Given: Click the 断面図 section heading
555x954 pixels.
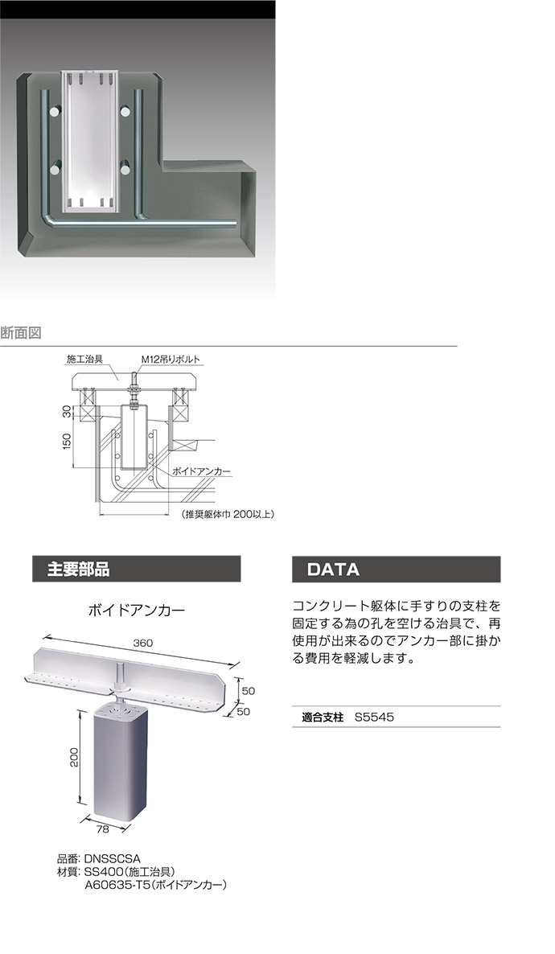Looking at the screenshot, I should pyautogui.click(x=21, y=331).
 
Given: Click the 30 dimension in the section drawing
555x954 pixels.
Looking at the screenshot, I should pyautogui.click(x=68, y=412).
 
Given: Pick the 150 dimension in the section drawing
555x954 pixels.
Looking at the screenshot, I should pyautogui.click(x=68, y=441).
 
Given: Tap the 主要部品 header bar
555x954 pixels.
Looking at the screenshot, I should pyautogui.click(x=136, y=569).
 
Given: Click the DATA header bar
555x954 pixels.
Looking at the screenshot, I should pyautogui.click(x=396, y=569).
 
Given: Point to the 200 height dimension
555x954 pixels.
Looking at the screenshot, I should pyautogui.click(x=73, y=757).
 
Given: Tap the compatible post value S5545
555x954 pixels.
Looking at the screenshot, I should pyautogui.click(x=373, y=716).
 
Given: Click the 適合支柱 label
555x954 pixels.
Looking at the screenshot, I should pyautogui.click(x=322, y=716).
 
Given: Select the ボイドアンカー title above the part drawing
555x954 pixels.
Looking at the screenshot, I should pyautogui.click(x=136, y=611).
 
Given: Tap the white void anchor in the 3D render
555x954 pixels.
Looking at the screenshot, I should pyautogui.click(x=90, y=141).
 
